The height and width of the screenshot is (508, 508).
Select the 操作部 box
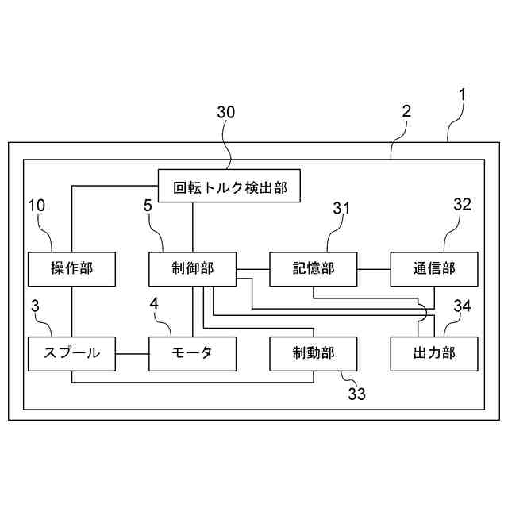pyautogui.click(x=71, y=268)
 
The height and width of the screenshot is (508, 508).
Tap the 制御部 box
pyautogui.click(x=193, y=268)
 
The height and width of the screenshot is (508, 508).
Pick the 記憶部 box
pyautogui.click(x=314, y=268)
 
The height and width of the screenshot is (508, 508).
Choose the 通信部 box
pyautogui.click(x=434, y=268)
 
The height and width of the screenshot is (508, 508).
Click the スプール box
pyautogui.click(x=71, y=353)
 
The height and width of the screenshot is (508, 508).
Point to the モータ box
pyautogui.click(x=193, y=353)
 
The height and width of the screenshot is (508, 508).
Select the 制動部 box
pyautogui.click(x=314, y=353)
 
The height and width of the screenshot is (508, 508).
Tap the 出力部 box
pyautogui.click(x=434, y=353)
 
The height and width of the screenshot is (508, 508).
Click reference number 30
pyautogui.click(x=226, y=113)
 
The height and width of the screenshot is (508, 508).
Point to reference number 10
pyautogui.click(x=37, y=205)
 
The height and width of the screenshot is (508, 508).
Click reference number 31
pyautogui.click(x=342, y=207)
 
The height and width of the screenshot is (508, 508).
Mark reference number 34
pyautogui.click(x=463, y=306)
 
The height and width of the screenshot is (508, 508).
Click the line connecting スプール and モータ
pyautogui.click(x=133, y=353)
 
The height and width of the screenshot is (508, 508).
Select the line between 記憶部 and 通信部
pyautogui.click(x=374, y=268)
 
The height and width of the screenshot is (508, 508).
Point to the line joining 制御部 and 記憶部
pyautogui.click(x=253, y=268)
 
